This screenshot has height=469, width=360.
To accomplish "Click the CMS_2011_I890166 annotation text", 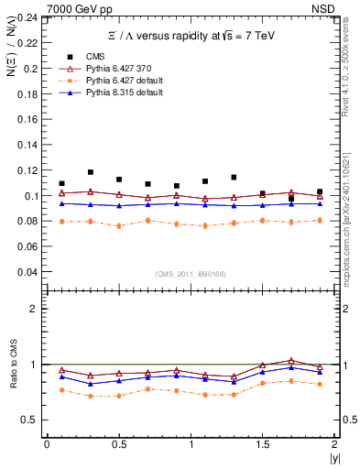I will click(190, 273).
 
